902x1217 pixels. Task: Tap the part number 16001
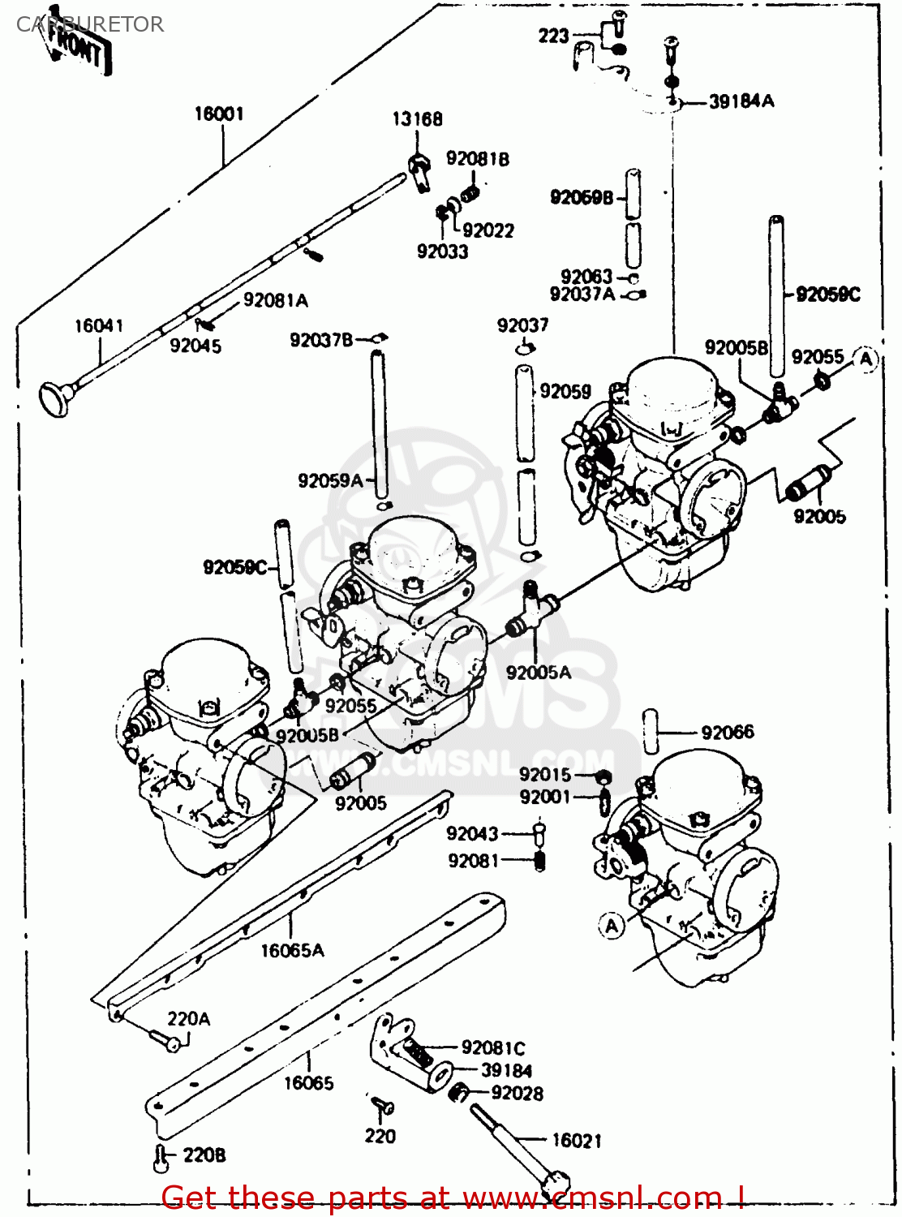219,114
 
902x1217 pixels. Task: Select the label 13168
417,119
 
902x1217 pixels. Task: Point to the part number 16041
99,326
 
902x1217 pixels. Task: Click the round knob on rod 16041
55,399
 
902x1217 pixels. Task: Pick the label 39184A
741,101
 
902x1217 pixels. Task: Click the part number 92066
728,733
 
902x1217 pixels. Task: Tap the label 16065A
292,950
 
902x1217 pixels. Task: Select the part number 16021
577,1141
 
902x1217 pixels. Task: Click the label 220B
204,1155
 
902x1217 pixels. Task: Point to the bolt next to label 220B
161,1159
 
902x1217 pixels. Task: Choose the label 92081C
493,1048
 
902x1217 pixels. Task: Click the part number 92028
517,1094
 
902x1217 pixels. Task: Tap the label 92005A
539,673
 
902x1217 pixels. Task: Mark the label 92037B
321,340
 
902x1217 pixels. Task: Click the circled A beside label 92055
866,359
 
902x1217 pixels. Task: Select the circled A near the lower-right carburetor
612,925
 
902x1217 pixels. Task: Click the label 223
553,36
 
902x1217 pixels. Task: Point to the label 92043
472,834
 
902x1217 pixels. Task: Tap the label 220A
188,1019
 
